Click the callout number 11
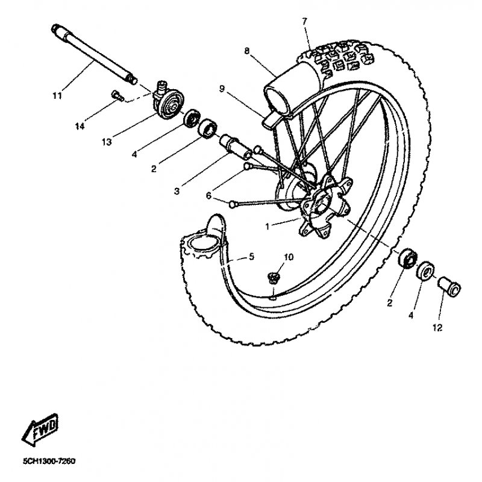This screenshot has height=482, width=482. click(x=57, y=96)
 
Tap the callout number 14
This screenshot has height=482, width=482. click(x=80, y=126)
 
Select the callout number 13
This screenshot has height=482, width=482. click(x=107, y=142)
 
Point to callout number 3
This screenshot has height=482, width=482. click(x=177, y=191)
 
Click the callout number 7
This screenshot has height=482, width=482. click(x=304, y=22)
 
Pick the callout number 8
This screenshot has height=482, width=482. click(x=247, y=51)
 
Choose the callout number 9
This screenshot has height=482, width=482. click(x=222, y=89)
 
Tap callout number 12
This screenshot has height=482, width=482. click(x=437, y=328)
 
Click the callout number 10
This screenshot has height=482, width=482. click(x=289, y=257)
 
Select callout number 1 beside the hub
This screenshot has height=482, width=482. click(x=267, y=227)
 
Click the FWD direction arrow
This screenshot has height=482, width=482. click(x=40, y=430)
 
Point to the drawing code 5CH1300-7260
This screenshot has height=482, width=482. click(x=49, y=461)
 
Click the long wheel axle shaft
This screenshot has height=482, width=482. click(x=94, y=55)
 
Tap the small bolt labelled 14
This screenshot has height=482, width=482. click(x=117, y=95)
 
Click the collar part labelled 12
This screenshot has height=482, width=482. click(x=449, y=286)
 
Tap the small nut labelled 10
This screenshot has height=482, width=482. click(x=273, y=278)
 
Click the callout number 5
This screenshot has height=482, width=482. click(x=251, y=257)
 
